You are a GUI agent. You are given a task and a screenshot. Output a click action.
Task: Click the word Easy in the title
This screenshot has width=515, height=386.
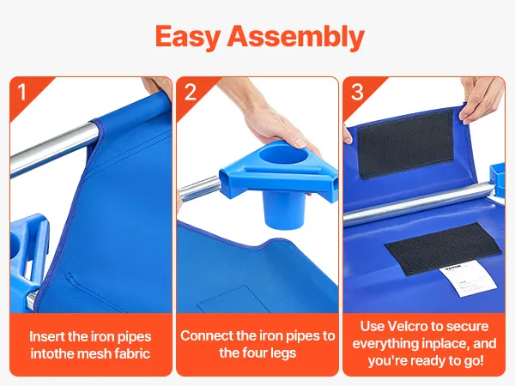pos(187,36)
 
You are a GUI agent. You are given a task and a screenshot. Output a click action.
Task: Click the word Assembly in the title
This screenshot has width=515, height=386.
pos(296,36)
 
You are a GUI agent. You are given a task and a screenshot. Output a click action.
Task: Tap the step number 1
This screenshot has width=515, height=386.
pos(21,92)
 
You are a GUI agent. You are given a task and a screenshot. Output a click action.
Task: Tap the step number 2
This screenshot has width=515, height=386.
pos(191,92)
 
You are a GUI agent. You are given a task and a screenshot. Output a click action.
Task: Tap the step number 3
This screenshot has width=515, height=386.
pos(357,92)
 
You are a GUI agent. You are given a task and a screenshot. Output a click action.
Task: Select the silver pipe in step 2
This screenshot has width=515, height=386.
pos(199,189)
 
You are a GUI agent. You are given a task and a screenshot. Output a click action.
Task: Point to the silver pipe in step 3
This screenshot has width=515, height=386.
pos(418,204)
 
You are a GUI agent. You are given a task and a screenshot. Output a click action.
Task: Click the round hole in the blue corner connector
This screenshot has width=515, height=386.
pos(283,155)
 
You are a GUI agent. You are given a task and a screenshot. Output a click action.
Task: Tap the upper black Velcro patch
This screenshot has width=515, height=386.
pos(406,144)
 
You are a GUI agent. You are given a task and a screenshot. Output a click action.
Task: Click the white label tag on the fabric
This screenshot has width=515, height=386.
pos(468,280)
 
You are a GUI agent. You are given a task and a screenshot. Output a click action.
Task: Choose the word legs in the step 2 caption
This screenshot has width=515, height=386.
pos(282,353)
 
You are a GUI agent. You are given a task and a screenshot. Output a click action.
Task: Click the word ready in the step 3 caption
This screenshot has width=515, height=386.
pos(431,361)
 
